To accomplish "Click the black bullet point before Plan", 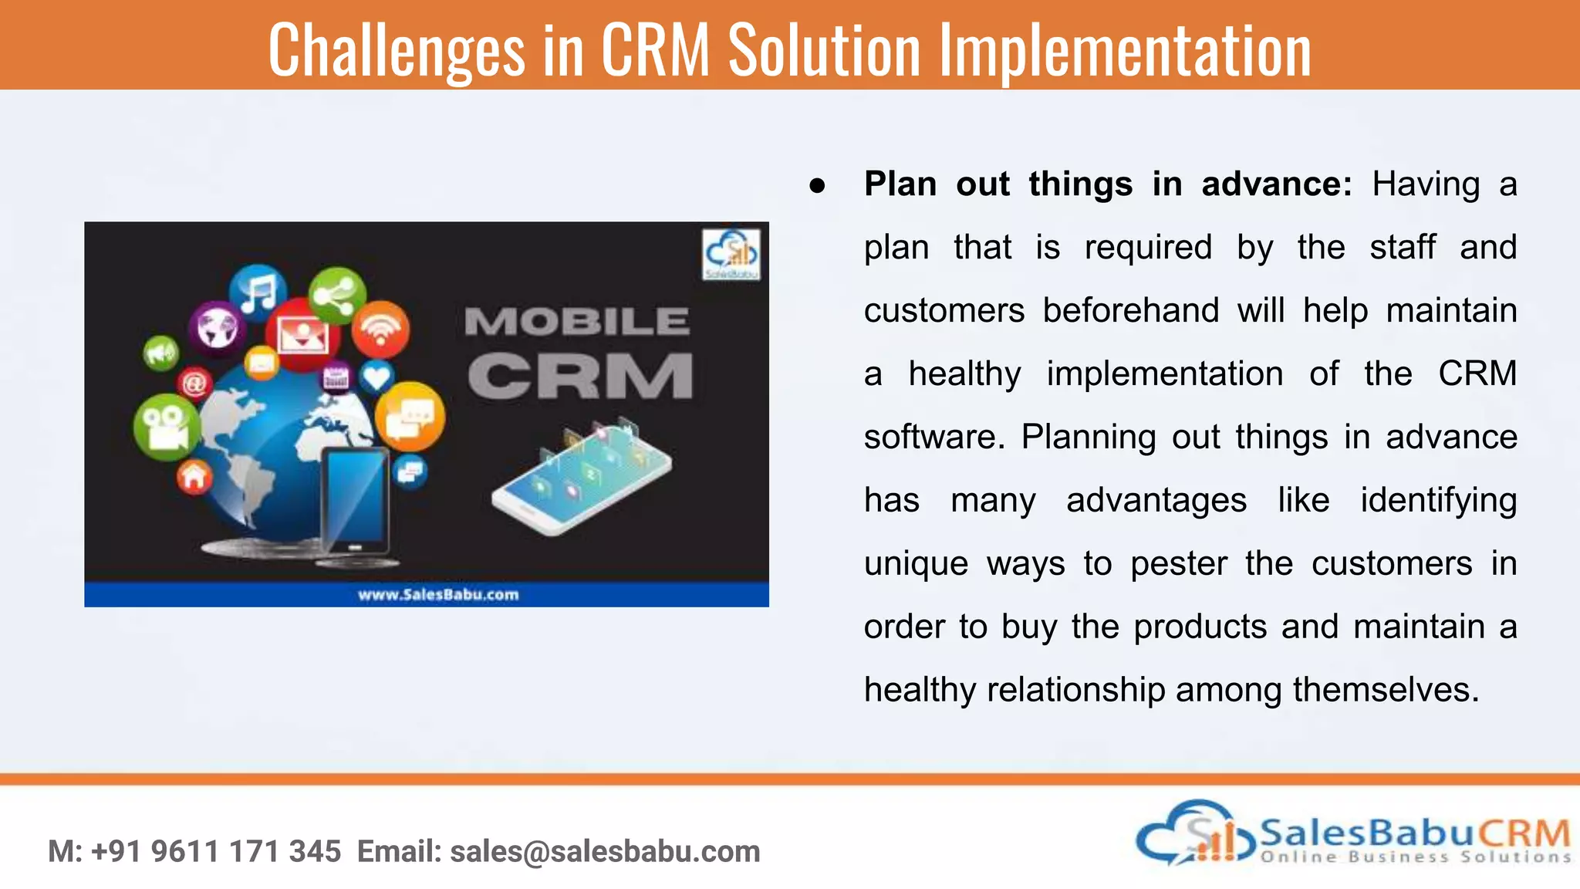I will tap(817, 186).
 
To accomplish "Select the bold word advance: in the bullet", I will tap(1276, 184).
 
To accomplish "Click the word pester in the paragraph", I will tap(1178, 563).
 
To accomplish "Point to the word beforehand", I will tap(1130, 310).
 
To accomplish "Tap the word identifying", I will tap(1438, 500).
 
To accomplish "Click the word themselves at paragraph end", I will tap(1386, 690).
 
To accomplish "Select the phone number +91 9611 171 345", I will tap(216, 851).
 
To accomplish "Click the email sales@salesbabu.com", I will tap(605, 851).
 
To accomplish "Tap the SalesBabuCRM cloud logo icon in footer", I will tap(1196, 833).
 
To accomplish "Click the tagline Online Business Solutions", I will tap(1415, 857).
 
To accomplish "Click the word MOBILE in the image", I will tap(576, 321).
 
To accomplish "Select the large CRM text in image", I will tap(580, 377).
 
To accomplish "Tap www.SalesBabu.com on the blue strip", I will tap(438, 594).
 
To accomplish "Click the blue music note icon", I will tap(258, 293).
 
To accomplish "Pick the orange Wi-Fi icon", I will tap(380, 330).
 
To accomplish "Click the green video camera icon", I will tap(167, 427).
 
